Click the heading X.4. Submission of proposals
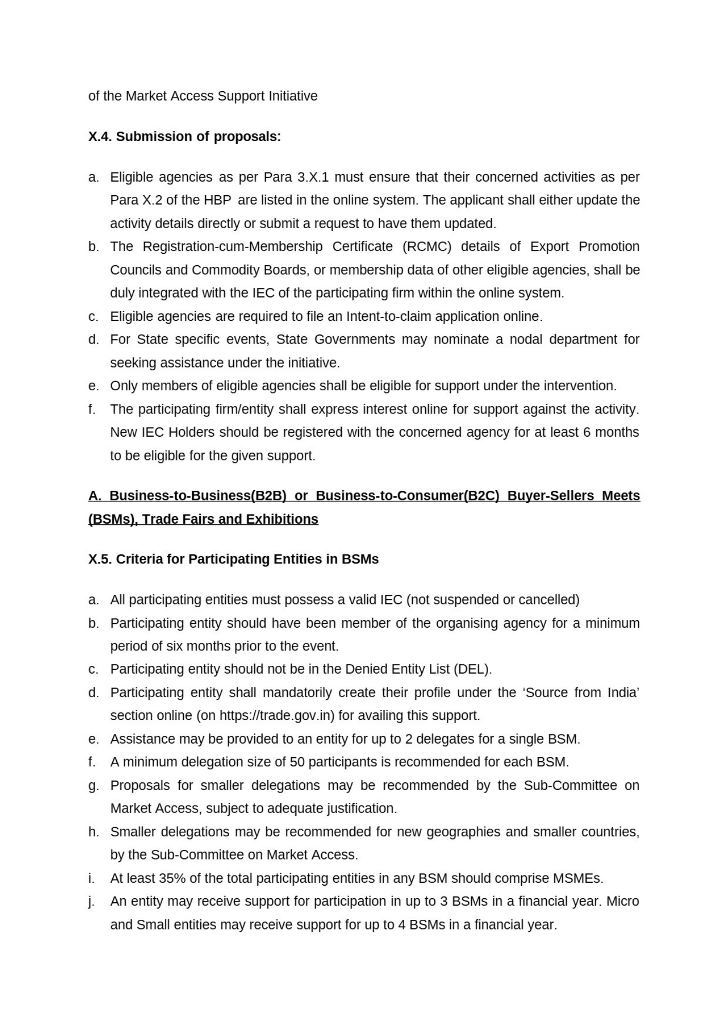[184, 136]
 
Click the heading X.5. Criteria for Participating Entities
[233, 559]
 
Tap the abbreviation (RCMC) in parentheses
[427, 247]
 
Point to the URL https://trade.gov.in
[277, 716]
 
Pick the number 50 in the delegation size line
[297, 762]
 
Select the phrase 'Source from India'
[581, 693]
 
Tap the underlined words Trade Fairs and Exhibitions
[230, 519]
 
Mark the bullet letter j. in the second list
[92, 902]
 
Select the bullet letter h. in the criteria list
[93, 832]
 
